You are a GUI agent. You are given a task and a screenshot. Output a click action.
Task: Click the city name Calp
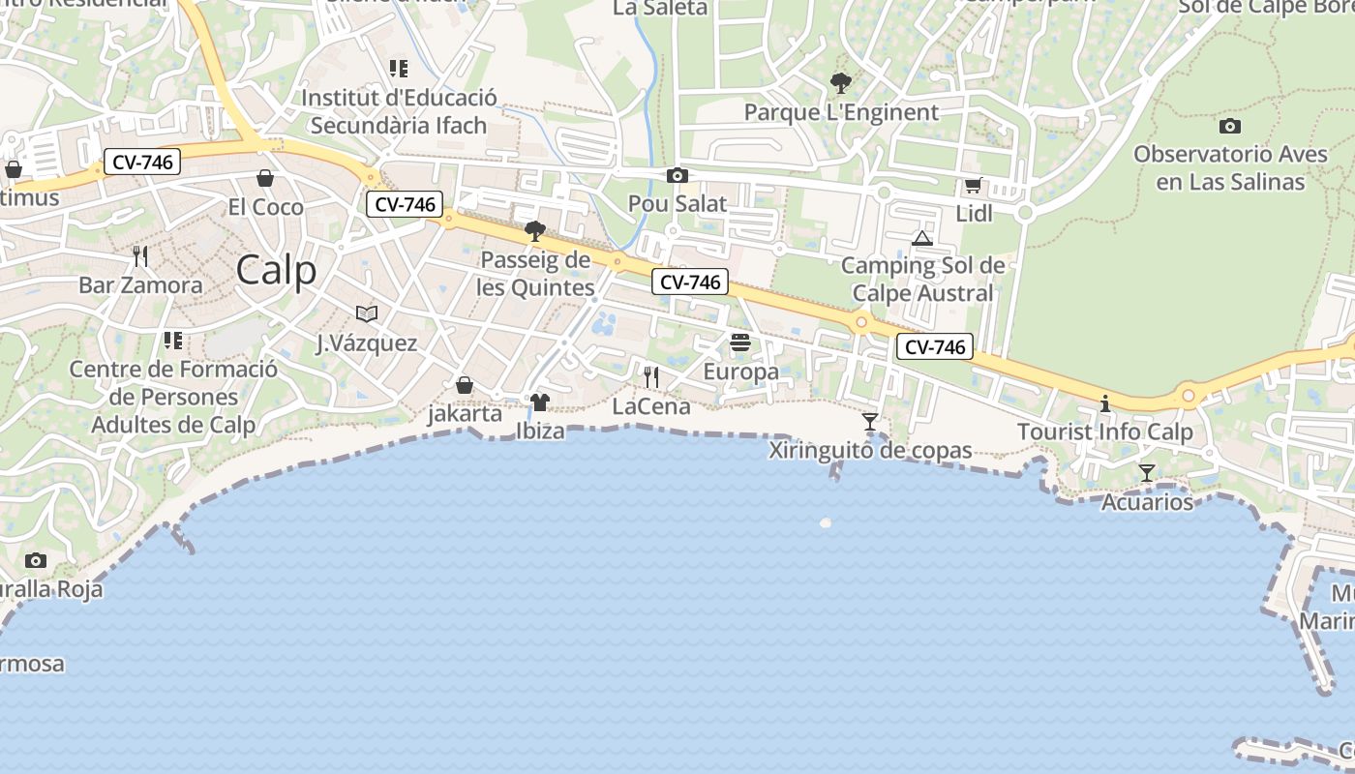coord(276,270)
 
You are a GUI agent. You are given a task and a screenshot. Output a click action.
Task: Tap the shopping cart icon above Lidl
coord(973,186)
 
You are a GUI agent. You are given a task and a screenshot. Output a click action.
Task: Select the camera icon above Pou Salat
coord(677,175)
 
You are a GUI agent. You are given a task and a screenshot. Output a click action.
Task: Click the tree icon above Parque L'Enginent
coord(841,83)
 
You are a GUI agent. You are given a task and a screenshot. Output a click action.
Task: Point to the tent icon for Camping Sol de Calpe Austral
coord(922,237)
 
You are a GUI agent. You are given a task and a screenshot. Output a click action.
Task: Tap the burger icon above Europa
coord(740,342)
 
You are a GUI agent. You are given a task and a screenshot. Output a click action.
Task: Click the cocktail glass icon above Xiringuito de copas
coord(870,422)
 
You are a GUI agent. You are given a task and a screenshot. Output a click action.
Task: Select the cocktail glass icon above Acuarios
coord(1147,472)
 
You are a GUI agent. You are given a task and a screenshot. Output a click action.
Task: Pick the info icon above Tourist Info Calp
coord(1105,403)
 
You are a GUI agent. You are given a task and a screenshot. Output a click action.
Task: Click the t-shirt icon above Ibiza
coord(540,402)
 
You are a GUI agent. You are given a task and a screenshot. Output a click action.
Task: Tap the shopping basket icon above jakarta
coord(465,385)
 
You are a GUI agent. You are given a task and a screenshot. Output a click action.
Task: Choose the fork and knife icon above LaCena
coord(651,376)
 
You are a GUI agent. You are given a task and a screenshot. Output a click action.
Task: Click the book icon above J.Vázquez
coord(366,313)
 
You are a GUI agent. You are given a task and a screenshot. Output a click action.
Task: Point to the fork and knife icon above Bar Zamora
coord(140,255)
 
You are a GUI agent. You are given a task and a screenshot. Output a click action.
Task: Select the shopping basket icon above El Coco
coord(264,178)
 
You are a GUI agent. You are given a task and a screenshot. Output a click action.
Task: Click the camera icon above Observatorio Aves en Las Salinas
coord(1230,126)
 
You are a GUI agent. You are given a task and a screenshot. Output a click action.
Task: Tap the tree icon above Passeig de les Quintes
coord(534,230)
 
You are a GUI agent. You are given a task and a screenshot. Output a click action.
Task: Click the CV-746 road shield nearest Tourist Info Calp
coord(934,346)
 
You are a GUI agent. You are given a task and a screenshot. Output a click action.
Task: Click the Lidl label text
coord(974,214)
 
